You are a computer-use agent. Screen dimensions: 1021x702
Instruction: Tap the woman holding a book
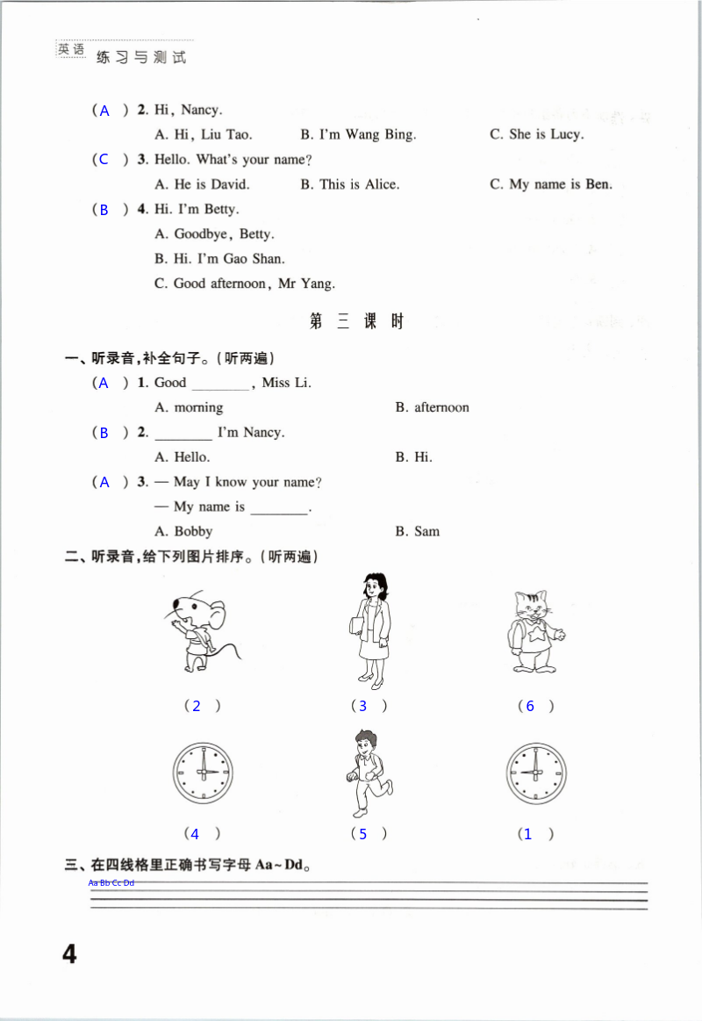tap(369, 629)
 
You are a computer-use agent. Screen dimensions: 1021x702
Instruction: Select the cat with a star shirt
tap(532, 631)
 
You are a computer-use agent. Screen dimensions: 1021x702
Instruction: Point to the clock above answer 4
tap(202, 773)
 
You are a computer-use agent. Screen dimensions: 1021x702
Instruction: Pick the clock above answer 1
tap(535, 773)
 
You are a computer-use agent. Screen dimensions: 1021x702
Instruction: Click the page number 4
tap(69, 953)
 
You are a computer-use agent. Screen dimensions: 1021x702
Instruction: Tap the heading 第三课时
tap(356, 321)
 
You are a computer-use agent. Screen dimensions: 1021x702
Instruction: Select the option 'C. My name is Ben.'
tap(550, 184)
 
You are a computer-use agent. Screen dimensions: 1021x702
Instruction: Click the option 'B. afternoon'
tap(432, 407)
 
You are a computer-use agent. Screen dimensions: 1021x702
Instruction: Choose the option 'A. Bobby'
tap(183, 531)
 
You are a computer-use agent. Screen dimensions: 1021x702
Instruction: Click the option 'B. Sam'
tap(417, 531)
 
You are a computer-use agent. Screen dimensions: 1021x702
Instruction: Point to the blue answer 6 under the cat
tap(530, 706)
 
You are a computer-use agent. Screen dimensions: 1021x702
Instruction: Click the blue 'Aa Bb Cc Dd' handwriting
tap(111, 882)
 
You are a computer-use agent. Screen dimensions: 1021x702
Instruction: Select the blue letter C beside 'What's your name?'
tap(104, 160)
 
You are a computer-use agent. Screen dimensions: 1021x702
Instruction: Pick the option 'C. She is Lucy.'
tap(536, 134)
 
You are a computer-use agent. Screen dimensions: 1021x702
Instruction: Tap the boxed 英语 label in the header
tap(72, 50)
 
